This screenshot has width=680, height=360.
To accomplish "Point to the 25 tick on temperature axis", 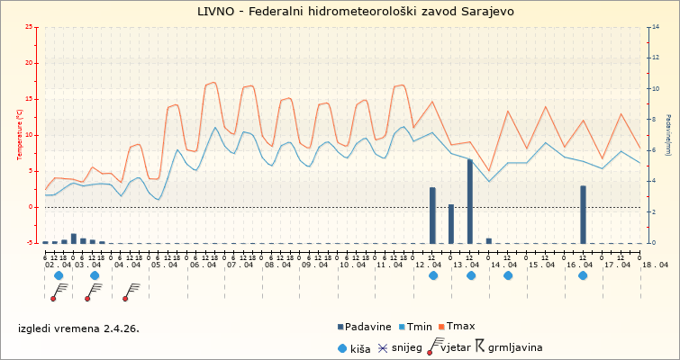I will pos(32,27).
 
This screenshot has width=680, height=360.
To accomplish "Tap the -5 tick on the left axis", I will pos(32,243).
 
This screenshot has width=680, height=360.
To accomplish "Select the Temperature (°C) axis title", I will pos(20,135).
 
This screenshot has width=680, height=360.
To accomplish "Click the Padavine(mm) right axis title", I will pos(668,135).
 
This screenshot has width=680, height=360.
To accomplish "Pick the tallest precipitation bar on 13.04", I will pos(470,201).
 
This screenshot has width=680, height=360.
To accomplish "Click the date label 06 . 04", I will pos(203,265).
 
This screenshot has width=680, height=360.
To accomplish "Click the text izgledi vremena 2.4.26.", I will pos(78,328).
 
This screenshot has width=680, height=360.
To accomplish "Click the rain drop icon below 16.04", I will pos(583,276).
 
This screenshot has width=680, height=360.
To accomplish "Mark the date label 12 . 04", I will pos(430,265).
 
